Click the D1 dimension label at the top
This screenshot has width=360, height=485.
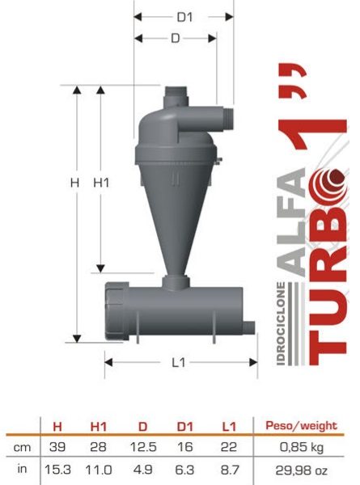(x=184, y=17)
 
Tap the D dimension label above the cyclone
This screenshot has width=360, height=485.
(x=176, y=38)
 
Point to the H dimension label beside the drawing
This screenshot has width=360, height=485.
(x=74, y=183)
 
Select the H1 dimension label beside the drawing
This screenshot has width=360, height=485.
(x=101, y=183)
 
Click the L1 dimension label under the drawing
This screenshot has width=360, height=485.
(x=179, y=362)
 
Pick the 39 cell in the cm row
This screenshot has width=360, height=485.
(x=57, y=447)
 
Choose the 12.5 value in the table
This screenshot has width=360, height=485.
(x=142, y=447)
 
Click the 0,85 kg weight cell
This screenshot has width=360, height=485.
(x=302, y=447)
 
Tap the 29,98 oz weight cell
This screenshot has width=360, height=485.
(x=301, y=470)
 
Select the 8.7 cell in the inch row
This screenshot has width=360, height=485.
(x=230, y=470)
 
